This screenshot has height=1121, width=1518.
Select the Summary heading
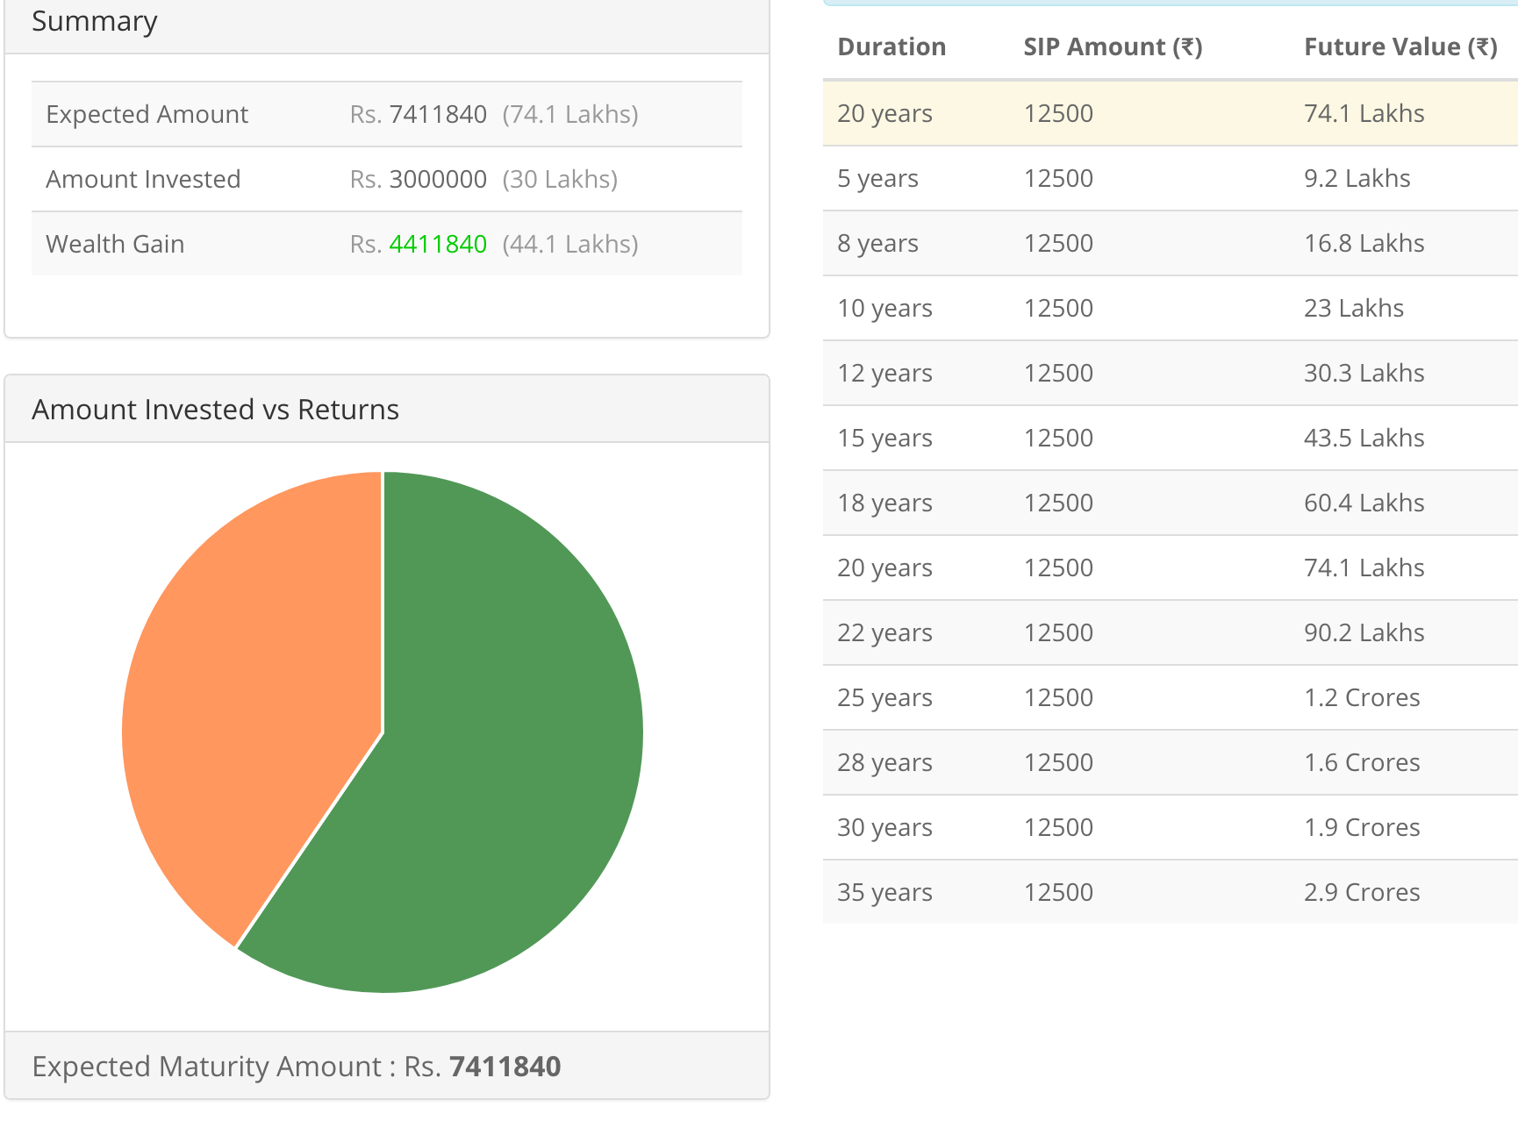coord(95,21)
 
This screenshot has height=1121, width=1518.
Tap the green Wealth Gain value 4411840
coord(437,244)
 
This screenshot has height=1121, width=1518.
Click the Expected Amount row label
coord(147,114)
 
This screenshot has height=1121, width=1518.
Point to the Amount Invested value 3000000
coord(437,179)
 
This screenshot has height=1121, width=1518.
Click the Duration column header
coord(891,46)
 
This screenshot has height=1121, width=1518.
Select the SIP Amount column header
coord(1112,46)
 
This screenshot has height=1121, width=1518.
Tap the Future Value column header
coord(1400,46)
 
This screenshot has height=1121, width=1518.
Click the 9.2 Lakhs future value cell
coord(1357,178)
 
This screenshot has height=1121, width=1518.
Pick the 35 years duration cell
coord(884,892)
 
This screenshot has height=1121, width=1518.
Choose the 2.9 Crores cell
coord(1361,892)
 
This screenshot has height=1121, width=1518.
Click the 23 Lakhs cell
coord(1353,308)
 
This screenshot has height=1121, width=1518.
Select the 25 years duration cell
coord(884,697)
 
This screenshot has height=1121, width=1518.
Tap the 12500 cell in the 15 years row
coord(1058,438)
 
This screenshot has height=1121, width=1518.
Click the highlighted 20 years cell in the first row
coord(884,113)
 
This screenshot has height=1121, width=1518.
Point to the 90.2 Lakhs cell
coord(1364,632)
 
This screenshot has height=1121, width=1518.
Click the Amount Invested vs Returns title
coord(215,410)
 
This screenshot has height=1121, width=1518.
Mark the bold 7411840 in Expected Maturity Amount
coord(505,1067)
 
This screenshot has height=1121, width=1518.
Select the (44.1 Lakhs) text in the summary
coord(569,244)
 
